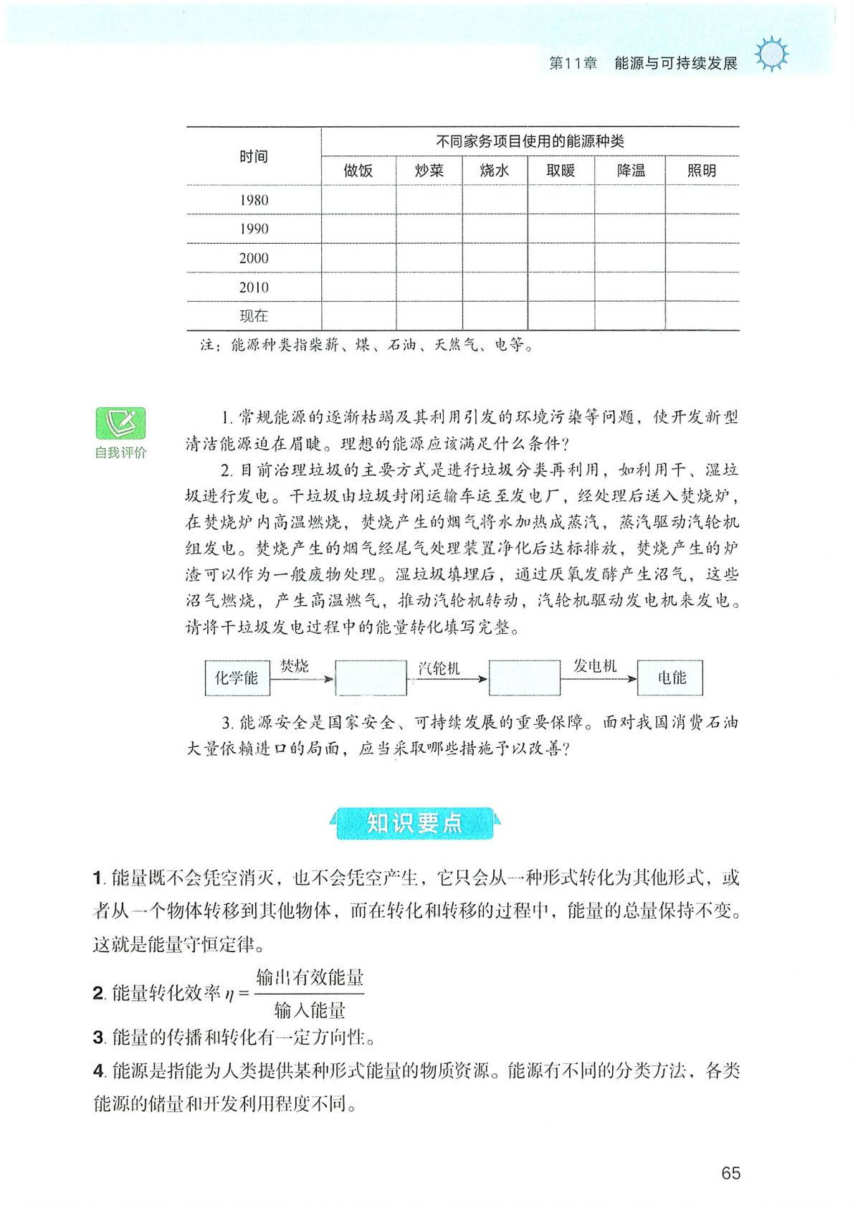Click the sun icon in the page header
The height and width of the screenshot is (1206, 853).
point(772,54)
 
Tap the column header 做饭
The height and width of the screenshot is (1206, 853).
point(358,171)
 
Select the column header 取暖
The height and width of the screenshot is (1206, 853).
point(561,171)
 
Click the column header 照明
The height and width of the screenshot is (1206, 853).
point(702,171)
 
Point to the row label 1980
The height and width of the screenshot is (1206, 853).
point(254,200)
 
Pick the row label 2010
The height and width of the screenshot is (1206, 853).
point(254,288)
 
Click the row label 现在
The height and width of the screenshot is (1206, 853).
point(254,316)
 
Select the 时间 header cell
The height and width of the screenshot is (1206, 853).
point(254,156)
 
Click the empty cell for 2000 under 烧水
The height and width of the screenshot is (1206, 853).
point(495,258)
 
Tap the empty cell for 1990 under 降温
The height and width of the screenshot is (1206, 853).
point(630,229)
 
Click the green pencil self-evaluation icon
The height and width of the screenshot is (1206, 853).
point(120,423)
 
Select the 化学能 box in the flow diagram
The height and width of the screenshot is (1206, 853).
point(237,678)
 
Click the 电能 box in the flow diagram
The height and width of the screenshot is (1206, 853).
point(671,678)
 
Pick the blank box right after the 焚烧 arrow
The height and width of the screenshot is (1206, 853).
point(371,678)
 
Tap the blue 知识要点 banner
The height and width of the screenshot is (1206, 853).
point(415,823)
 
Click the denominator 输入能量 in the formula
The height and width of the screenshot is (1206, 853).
point(310,1010)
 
